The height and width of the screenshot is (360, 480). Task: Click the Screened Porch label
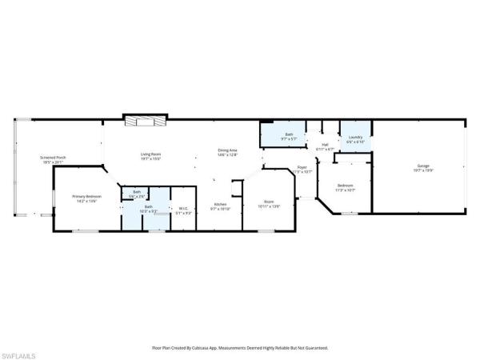[x=52, y=158]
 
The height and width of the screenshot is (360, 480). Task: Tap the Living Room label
[x=151, y=154]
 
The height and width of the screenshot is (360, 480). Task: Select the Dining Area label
[x=228, y=150]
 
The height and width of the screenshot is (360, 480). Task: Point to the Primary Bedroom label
[x=86, y=196]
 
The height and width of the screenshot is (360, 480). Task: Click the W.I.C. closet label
[x=183, y=208]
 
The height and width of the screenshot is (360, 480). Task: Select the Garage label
[x=422, y=166]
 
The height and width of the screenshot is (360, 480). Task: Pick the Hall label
[x=325, y=145]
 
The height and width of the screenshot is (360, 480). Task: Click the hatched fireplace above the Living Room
[x=146, y=120]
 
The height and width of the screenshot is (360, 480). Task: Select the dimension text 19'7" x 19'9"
[x=422, y=170]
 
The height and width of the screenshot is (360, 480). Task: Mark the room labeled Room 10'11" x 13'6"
[x=270, y=204]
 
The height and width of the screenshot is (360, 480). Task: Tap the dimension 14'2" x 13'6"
[x=86, y=201]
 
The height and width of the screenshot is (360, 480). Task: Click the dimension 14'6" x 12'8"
[x=228, y=155]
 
